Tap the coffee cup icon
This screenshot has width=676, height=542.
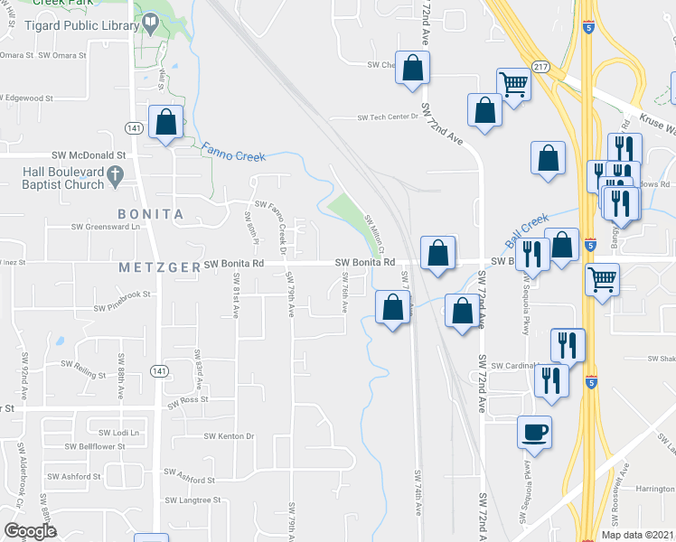point(533,431)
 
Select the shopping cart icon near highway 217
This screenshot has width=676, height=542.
point(513,86)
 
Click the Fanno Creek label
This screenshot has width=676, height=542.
point(233,151)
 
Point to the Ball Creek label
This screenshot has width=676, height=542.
point(527,230)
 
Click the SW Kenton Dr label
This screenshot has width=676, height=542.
point(230,437)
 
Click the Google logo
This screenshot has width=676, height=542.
point(30,531)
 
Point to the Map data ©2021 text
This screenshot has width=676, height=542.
point(636,535)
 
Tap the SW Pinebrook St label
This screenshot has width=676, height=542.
point(118,294)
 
